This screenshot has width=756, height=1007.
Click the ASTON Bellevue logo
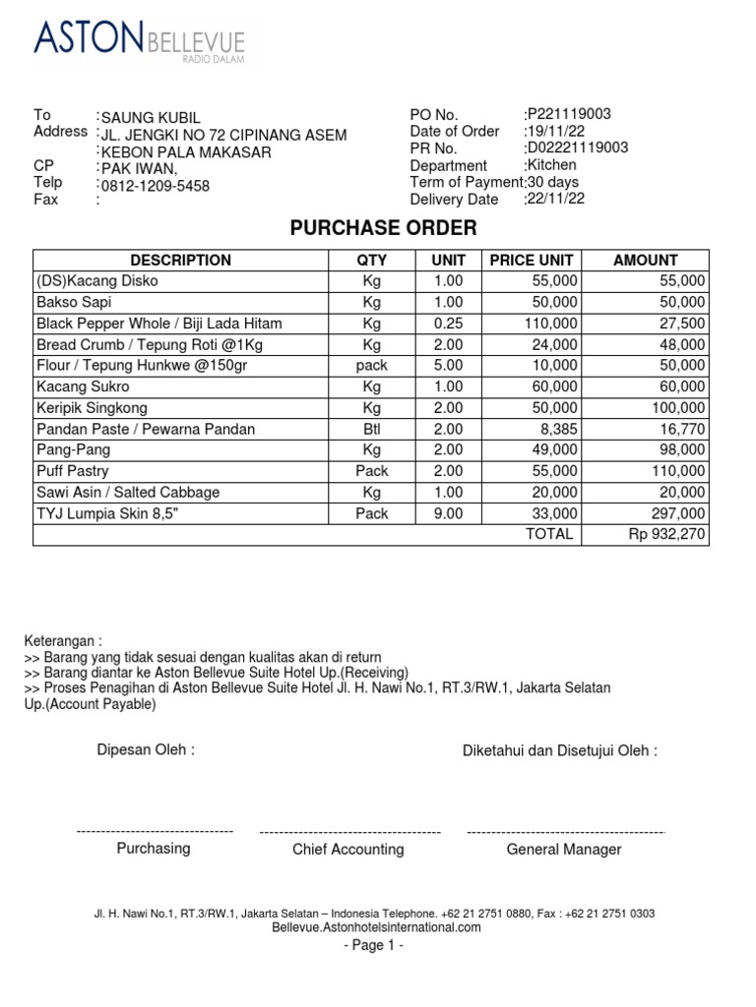click(x=139, y=40)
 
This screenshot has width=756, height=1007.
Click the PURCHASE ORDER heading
click(x=383, y=228)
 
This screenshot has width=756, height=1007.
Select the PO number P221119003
click(x=569, y=114)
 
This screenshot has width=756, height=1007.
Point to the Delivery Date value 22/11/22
click(x=555, y=199)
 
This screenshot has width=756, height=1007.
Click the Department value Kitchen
click(x=551, y=165)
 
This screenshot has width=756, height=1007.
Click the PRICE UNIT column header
click(x=531, y=261)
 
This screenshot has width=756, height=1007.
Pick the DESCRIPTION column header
click(x=180, y=261)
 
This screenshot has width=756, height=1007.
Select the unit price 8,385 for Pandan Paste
click(x=558, y=429)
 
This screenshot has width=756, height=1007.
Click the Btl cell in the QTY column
click(x=371, y=429)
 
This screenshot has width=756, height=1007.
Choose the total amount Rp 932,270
click(x=666, y=534)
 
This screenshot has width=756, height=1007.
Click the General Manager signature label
click(x=563, y=850)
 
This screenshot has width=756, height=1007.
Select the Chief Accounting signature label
click(x=347, y=850)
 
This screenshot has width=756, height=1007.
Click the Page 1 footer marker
click(x=373, y=946)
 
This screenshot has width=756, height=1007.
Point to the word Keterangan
click(x=61, y=640)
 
